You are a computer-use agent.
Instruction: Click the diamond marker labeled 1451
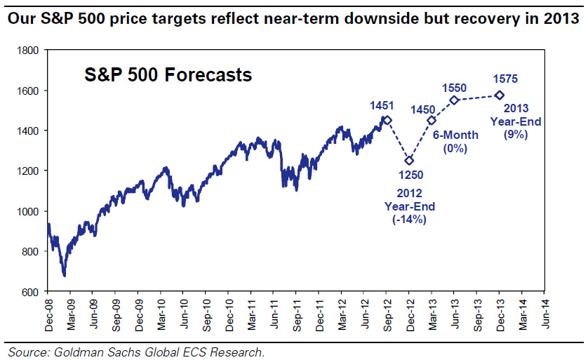click(387, 120)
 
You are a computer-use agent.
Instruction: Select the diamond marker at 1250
click(409, 161)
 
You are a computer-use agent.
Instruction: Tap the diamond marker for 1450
click(432, 120)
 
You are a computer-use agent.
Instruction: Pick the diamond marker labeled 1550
click(454, 100)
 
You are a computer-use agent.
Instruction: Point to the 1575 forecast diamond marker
click(500, 95)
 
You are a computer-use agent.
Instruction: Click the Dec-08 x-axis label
click(48, 314)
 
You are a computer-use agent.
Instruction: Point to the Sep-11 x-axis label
click(296, 314)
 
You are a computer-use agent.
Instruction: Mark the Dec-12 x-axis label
click(409, 314)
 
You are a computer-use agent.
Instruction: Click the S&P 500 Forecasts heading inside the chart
click(168, 74)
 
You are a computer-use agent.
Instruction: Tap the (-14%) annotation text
click(410, 219)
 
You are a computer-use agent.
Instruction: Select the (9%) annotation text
click(516, 134)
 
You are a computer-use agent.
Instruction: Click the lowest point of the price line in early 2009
click(64, 275)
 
